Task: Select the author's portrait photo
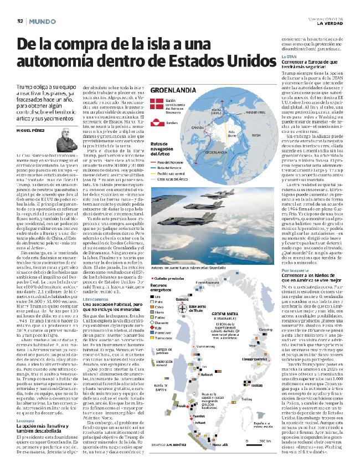pos(63,137)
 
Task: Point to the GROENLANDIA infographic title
pos(171,90)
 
